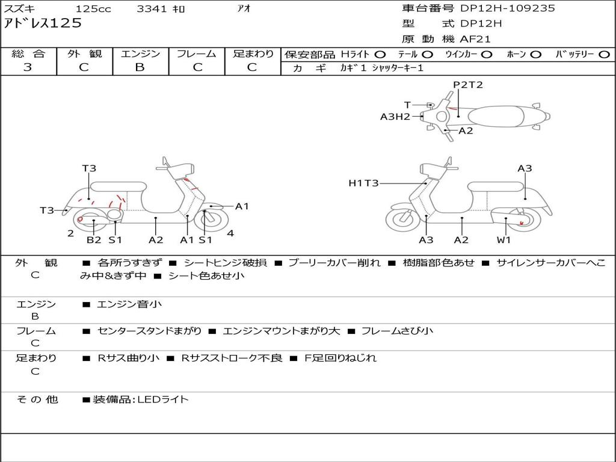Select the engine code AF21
tap(475, 40)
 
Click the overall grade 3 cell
tap(28, 67)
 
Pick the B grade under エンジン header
tap(140, 67)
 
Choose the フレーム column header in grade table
tap(196, 54)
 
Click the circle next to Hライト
tap(380, 54)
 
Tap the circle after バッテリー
tap(605, 54)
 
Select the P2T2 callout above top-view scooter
tap(468, 85)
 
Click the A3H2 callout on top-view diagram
tap(395, 117)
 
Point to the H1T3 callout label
tap(363, 183)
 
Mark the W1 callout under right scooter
tap(504, 240)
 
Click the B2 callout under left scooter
tap(94, 240)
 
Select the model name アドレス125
tap(43, 23)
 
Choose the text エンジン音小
tap(129, 304)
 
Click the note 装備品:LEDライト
tap(140, 399)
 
